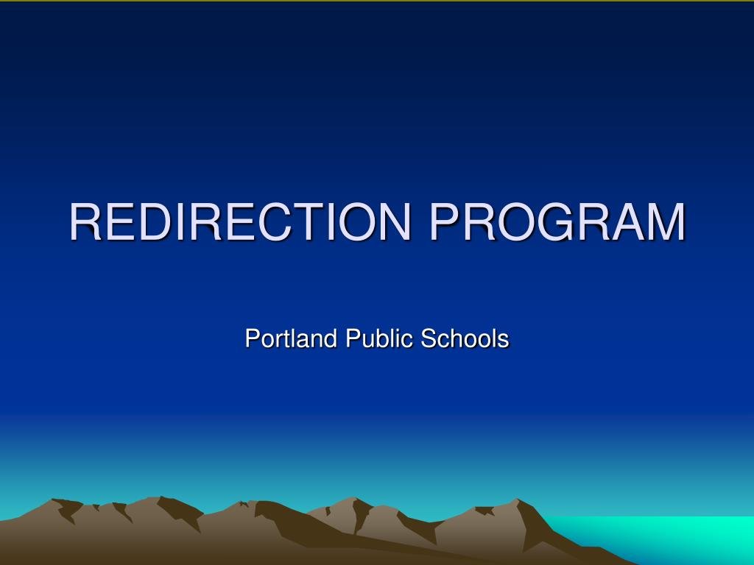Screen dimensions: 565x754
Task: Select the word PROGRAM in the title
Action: point(557,221)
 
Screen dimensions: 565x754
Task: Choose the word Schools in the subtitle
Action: point(465,338)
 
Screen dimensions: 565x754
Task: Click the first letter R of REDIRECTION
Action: point(87,221)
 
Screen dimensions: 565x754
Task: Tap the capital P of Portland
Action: point(252,338)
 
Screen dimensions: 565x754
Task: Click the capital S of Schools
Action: point(428,338)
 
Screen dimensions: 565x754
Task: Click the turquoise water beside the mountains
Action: point(663,537)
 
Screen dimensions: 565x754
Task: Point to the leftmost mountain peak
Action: point(55,502)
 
